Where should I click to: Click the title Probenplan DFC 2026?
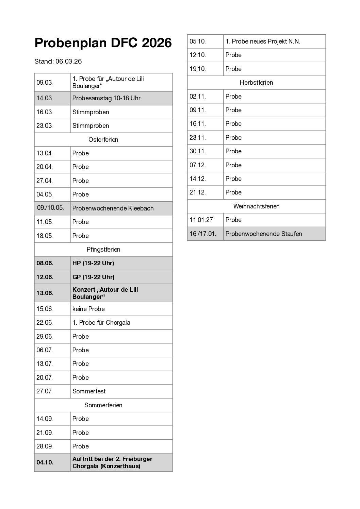[103, 43]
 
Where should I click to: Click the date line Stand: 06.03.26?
[58, 62]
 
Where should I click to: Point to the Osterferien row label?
[103, 140]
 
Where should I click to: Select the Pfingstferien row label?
[103, 250]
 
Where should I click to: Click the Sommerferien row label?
[103, 405]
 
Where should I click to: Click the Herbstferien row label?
[256, 83]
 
